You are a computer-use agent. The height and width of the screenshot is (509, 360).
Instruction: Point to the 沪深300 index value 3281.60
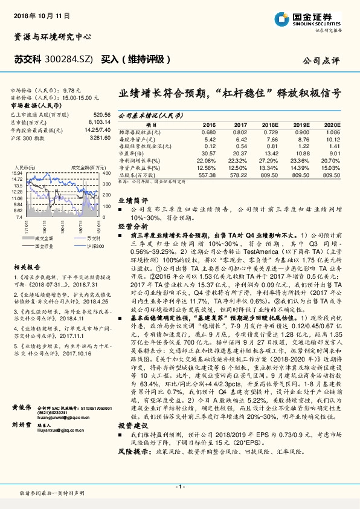[x=100, y=138]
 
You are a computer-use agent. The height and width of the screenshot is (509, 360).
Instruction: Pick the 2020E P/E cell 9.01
[x=333, y=154]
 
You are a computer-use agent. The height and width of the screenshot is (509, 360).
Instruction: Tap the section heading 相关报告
[x=27, y=266]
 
